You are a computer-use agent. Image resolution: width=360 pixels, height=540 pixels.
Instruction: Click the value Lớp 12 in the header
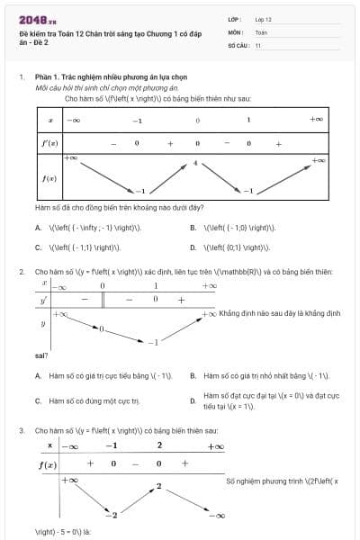pos(263,18)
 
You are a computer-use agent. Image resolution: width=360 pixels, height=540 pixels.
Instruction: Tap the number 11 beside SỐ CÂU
pos(258,44)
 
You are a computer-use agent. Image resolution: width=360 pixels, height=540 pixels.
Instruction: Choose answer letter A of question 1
pos(38,228)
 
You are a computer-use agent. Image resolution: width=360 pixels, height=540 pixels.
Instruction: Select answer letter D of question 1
pos(193,247)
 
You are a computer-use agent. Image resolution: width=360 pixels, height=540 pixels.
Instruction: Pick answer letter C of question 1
pos(38,247)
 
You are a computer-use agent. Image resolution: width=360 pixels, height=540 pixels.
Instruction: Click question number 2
pos(21,271)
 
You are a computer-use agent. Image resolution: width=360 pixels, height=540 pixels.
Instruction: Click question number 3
pos(21,431)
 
